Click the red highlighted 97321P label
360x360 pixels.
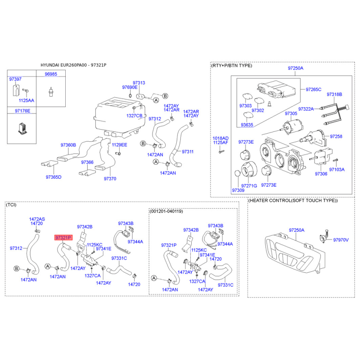tap(63, 237)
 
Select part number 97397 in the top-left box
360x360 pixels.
tap(15, 79)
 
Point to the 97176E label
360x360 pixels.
tap(22, 110)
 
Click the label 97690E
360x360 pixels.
tap(130, 87)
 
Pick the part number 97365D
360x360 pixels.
tap(53, 177)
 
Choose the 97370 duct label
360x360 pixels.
tap(110, 179)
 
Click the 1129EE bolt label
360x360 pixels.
tap(120, 145)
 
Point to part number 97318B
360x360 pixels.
tap(334, 94)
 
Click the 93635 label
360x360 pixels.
tap(247, 125)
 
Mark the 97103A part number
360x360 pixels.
tap(337, 170)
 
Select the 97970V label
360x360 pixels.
tap(341, 240)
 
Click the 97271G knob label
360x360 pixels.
tap(249, 185)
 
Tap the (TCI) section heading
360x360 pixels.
tap(11, 205)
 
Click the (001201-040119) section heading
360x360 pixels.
tap(166, 211)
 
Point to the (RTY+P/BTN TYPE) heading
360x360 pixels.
tap(232, 65)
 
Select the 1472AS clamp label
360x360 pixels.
tap(37, 218)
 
